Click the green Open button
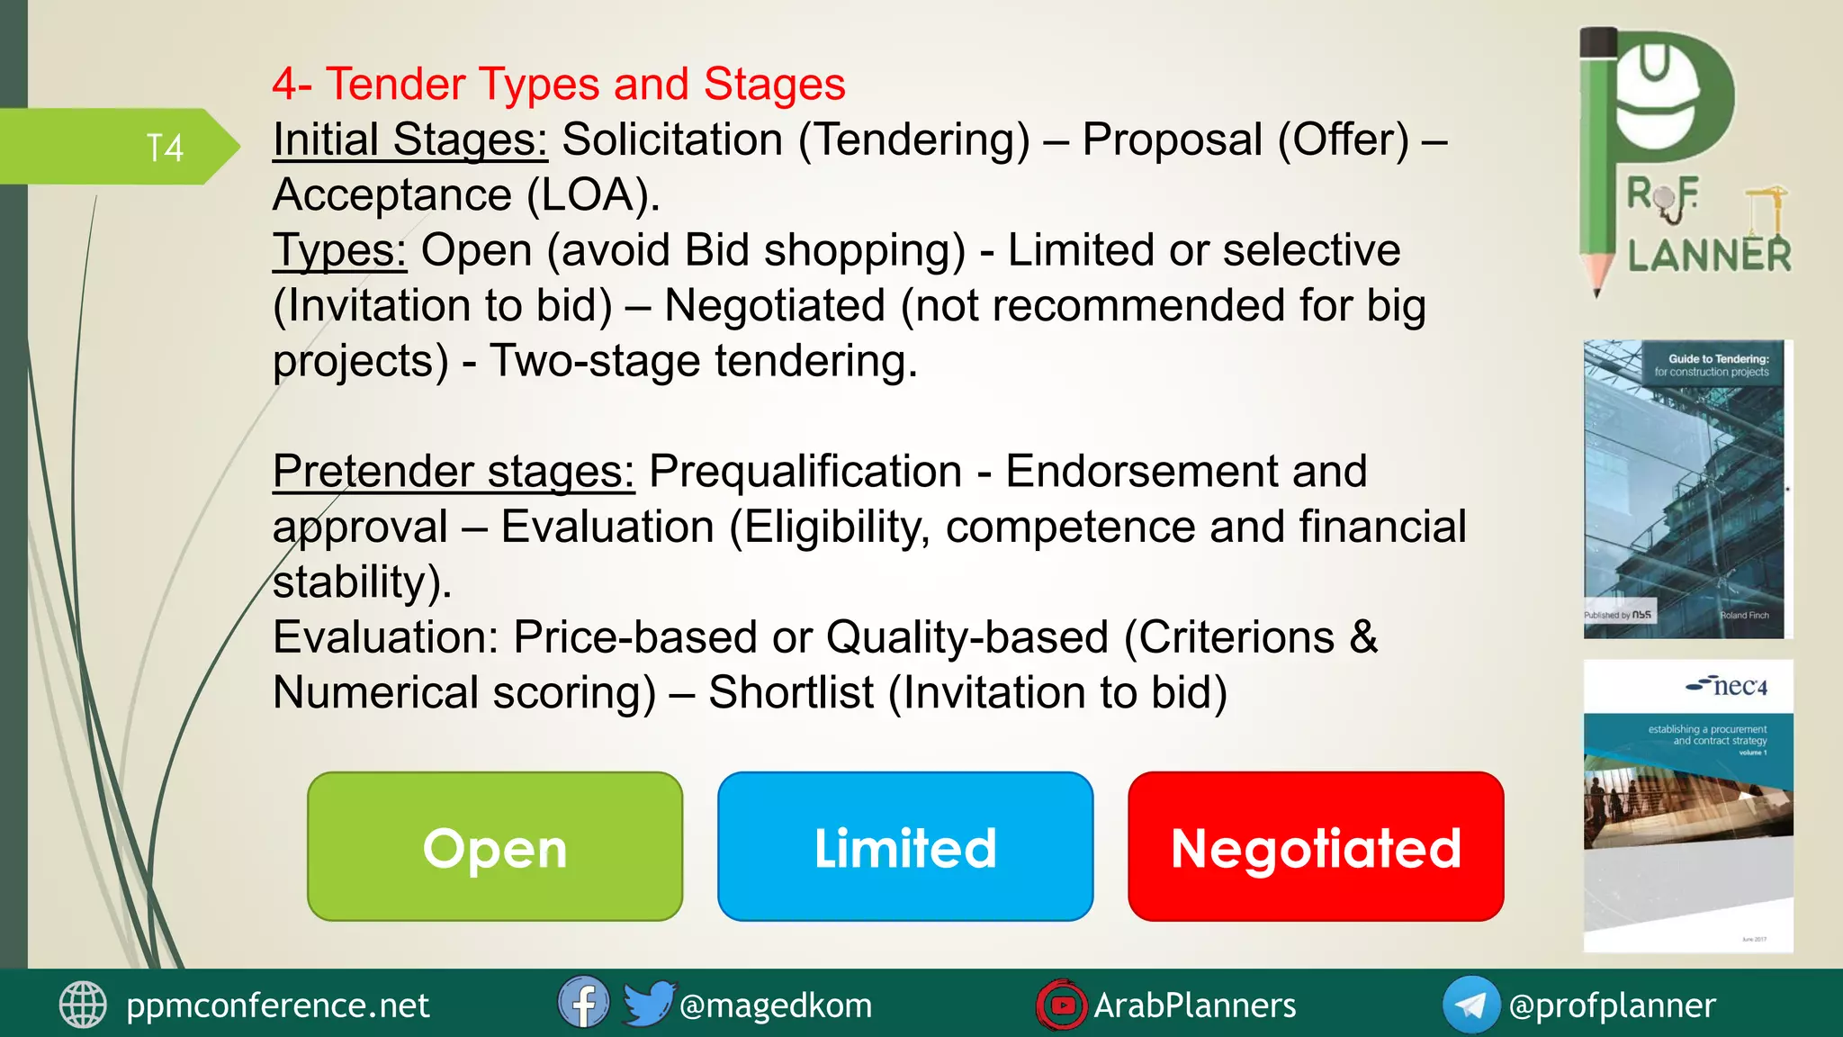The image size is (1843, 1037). point(495,846)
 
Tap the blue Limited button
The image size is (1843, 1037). point(905,846)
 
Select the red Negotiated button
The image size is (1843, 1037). point(1316,846)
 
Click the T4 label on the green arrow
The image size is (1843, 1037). point(165,148)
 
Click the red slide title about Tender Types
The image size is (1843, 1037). point(558,84)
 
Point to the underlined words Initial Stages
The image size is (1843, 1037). point(410,140)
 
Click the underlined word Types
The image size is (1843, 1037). point(340,251)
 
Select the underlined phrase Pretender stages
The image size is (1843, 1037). point(454,472)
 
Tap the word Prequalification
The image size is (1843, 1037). point(805,472)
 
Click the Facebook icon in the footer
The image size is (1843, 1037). point(583,1003)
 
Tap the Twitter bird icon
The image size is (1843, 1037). point(648,1003)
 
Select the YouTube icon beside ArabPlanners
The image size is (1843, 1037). point(1061,1005)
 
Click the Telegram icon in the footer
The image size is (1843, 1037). point(1470,1005)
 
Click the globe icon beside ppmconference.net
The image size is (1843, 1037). point(83,1005)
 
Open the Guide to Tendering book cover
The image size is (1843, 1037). point(1686,490)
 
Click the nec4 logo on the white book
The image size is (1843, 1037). point(1728,687)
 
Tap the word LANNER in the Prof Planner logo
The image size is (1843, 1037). point(1709,256)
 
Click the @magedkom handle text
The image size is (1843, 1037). point(776,1005)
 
